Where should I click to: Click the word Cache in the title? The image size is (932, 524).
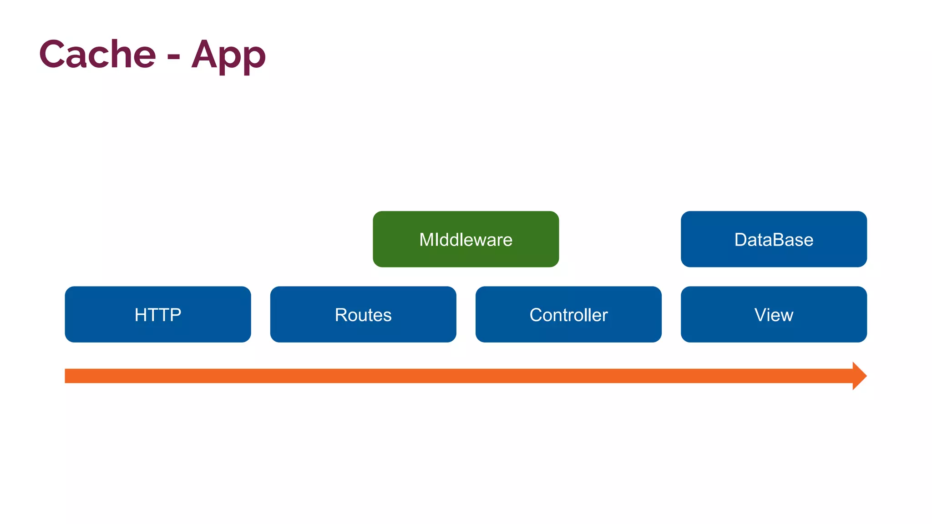pos(97,55)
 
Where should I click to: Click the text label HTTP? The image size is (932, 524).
pos(157,315)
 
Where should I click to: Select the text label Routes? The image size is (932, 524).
pos(363,315)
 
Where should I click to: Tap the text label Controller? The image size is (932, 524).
pos(568,315)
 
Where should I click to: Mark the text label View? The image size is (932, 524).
pos(774,315)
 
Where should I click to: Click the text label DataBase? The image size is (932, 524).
pos(774,240)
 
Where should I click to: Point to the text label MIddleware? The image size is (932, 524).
pos(466,240)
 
